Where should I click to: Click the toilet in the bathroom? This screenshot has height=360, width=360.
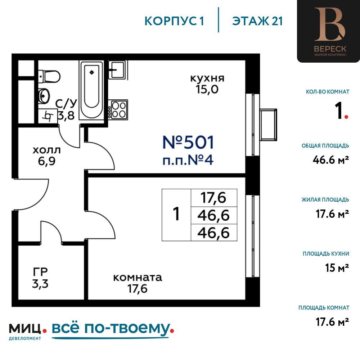pyautogui.click(x=49, y=76)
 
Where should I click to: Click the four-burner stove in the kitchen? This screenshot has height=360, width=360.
pyautogui.click(x=118, y=110)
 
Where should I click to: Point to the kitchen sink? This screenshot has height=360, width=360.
pyautogui.click(x=117, y=69)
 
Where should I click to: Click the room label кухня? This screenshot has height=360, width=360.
pyautogui.click(x=207, y=78)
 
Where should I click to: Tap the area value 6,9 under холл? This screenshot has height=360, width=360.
pyautogui.click(x=46, y=161)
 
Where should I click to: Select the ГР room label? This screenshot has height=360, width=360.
pyautogui.click(x=40, y=272)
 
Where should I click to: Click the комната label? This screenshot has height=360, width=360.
pyautogui.click(x=138, y=278)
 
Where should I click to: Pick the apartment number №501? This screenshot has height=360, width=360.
pyautogui.click(x=188, y=142)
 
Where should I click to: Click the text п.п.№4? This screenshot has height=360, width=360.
pyautogui.click(x=188, y=160)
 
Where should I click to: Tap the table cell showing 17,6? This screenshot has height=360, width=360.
pyautogui.click(x=214, y=198)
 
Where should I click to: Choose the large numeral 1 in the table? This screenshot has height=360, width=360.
pyautogui.click(x=176, y=214)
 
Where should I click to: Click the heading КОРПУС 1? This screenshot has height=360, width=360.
pyautogui.click(x=174, y=21)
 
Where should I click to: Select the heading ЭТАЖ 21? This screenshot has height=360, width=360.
pyautogui.click(x=257, y=21)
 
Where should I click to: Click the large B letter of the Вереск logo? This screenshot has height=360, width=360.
pyautogui.click(x=330, y=24)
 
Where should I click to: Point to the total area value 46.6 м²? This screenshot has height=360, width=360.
pyautogui.click(x=330, y=160)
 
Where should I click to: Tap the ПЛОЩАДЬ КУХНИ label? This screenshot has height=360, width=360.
pyautogui.click(x=326, y=254)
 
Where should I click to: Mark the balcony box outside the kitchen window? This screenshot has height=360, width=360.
pyautogui.click(x=268, y=125)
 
